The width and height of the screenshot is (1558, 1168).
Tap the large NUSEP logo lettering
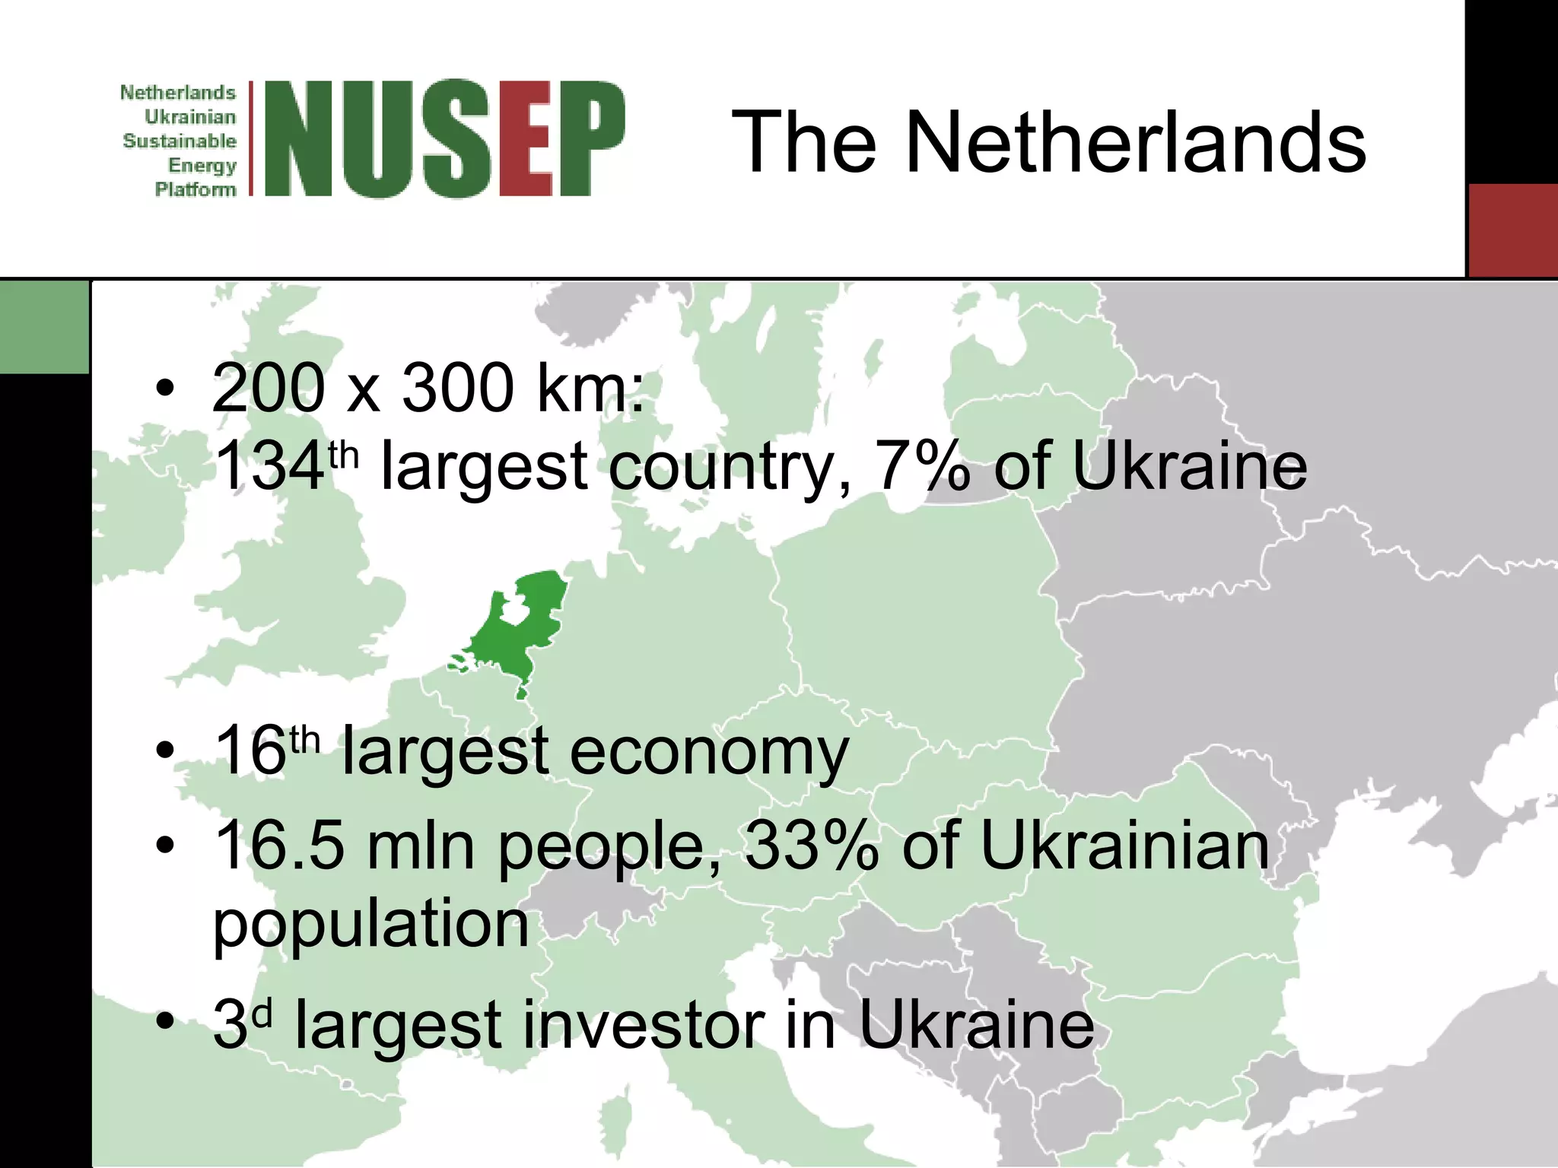pos(445,138)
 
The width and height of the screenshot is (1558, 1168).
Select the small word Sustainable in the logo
pos(180,141)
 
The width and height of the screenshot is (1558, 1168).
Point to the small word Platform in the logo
pos(196,189)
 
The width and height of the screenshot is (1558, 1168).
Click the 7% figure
pos(923,465)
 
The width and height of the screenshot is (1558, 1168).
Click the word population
pos(370,924)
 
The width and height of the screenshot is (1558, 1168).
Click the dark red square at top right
pos(1512,230)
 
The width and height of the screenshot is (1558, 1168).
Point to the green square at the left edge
pos(44,327)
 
